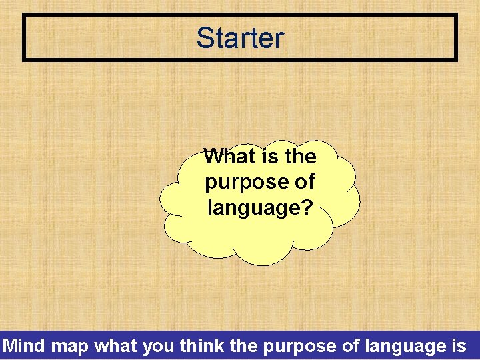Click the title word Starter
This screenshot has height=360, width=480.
[240, 38]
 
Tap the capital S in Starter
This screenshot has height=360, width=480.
[205, 38]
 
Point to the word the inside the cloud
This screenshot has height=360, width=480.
[299, 156]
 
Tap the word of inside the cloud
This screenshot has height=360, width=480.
[301, 181]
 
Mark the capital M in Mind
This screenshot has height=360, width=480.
[10, 346]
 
